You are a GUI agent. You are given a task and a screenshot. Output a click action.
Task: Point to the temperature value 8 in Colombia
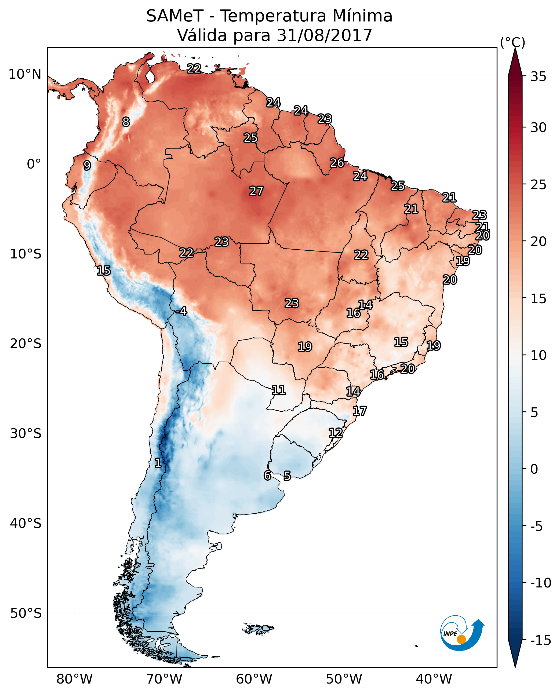pos(126,122)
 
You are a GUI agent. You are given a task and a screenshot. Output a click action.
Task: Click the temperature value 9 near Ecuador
pos(87,165)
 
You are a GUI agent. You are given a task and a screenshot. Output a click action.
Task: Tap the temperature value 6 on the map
pos(267,475)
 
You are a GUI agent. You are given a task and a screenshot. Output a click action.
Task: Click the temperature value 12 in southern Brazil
pos(336,433)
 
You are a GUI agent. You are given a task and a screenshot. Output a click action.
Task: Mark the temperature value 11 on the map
pos(278,390)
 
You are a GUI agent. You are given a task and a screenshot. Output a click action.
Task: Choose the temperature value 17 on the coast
pos(359,411)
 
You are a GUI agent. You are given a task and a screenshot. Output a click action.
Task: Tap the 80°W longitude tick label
pos(75,679)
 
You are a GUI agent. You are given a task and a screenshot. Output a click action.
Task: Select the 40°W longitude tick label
pos(434,679)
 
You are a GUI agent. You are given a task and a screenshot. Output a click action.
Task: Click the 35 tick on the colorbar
pos(538,77)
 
